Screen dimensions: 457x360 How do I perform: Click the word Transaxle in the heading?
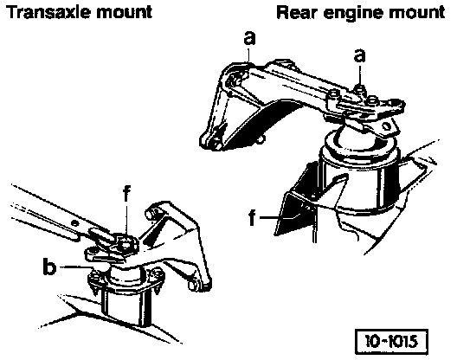48,12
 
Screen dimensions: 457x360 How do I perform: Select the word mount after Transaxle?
124,13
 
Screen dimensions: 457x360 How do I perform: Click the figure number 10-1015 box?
391,342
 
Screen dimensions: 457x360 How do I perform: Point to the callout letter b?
49,266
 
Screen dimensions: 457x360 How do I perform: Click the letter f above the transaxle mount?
126,193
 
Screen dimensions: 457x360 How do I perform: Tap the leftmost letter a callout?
249,38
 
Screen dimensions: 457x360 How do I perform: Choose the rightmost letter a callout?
360,55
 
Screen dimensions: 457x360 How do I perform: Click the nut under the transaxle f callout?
126,244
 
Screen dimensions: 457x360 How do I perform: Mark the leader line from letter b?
76,267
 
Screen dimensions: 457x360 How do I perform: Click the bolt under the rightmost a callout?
360,88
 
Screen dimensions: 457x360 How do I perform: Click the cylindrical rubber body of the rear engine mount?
359,182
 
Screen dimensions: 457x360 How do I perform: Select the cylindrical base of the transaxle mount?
126,306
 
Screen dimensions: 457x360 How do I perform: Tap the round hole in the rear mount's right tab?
386,126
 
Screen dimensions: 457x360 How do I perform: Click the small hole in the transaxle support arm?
75,223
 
